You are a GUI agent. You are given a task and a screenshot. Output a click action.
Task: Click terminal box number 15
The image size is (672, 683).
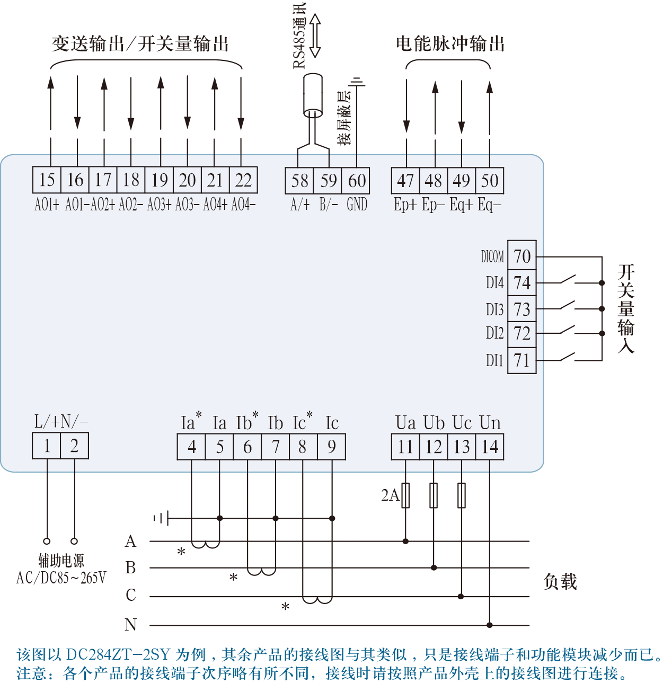coord(47,180)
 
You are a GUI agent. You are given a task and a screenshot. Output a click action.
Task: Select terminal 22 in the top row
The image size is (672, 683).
coord(243,180)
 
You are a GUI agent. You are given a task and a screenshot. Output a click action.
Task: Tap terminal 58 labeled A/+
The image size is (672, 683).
coord(299,181)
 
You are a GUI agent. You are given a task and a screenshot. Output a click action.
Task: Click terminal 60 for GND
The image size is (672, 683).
coord(356,181)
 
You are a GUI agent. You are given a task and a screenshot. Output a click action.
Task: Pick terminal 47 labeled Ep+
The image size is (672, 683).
coord(405,181)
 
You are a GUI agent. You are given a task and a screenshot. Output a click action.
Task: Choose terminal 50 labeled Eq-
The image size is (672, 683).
coord(490,181)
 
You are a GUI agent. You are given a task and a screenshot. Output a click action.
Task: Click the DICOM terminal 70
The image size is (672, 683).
coord(522,256)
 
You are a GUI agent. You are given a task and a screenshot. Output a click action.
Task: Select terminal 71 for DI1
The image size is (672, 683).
coord(522,361)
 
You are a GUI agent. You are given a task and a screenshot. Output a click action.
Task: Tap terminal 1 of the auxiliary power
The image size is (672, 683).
coord(47,446)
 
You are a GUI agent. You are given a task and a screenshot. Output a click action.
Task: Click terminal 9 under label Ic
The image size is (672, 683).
coord(331,447)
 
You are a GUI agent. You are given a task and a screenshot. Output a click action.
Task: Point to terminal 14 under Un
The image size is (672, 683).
coord(490,447)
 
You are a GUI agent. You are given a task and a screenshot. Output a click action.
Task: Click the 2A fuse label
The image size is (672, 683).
coord(390,495)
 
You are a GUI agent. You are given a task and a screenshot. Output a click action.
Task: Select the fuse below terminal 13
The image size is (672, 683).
coord(462,495)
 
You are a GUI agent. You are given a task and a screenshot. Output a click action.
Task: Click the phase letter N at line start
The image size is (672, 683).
coord(130,625)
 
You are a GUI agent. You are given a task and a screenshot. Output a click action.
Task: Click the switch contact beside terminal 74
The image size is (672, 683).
coord(567,279)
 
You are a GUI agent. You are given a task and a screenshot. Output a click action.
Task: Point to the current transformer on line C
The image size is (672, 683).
coord(317,599)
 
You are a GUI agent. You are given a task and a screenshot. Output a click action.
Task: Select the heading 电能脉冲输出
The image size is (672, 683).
coord(450,44)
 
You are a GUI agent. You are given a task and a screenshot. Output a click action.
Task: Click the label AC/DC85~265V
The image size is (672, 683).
coord(61,578)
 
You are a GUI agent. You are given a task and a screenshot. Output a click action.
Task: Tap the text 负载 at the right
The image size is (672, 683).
coord(560,582)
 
